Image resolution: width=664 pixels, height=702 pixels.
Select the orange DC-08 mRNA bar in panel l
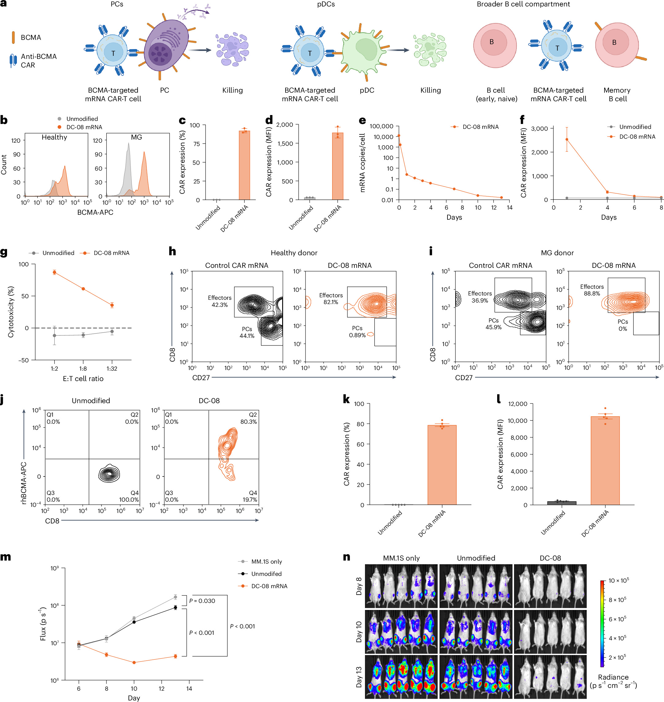pos(605,460)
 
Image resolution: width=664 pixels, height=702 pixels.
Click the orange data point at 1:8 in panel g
pos(83,289)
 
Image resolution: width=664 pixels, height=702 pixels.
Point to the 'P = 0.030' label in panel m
pos(202,601)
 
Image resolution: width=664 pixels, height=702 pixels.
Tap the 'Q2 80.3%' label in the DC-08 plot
pos(248,418)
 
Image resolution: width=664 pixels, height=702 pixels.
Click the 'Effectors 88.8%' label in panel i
pos(592,290)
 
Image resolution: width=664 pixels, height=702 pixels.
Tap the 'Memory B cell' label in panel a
pos(617,94)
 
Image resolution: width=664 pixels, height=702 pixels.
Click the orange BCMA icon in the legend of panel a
pos(13,37)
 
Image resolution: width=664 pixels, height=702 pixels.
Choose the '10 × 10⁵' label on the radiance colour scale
pos(618,580)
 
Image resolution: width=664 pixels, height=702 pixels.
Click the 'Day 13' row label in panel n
pos(359,677)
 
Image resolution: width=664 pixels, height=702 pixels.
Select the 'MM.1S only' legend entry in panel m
pos(266,561)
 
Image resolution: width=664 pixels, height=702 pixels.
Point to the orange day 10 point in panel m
pos(134,662)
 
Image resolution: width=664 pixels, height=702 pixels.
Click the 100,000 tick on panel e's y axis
pos(381,126)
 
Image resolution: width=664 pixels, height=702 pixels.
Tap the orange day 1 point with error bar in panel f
pos(567,140)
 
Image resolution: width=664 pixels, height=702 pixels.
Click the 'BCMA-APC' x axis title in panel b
pos(95,212)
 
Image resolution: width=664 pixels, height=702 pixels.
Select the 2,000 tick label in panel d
pos(285,125)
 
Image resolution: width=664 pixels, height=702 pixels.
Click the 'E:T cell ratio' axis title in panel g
pos(83,378)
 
